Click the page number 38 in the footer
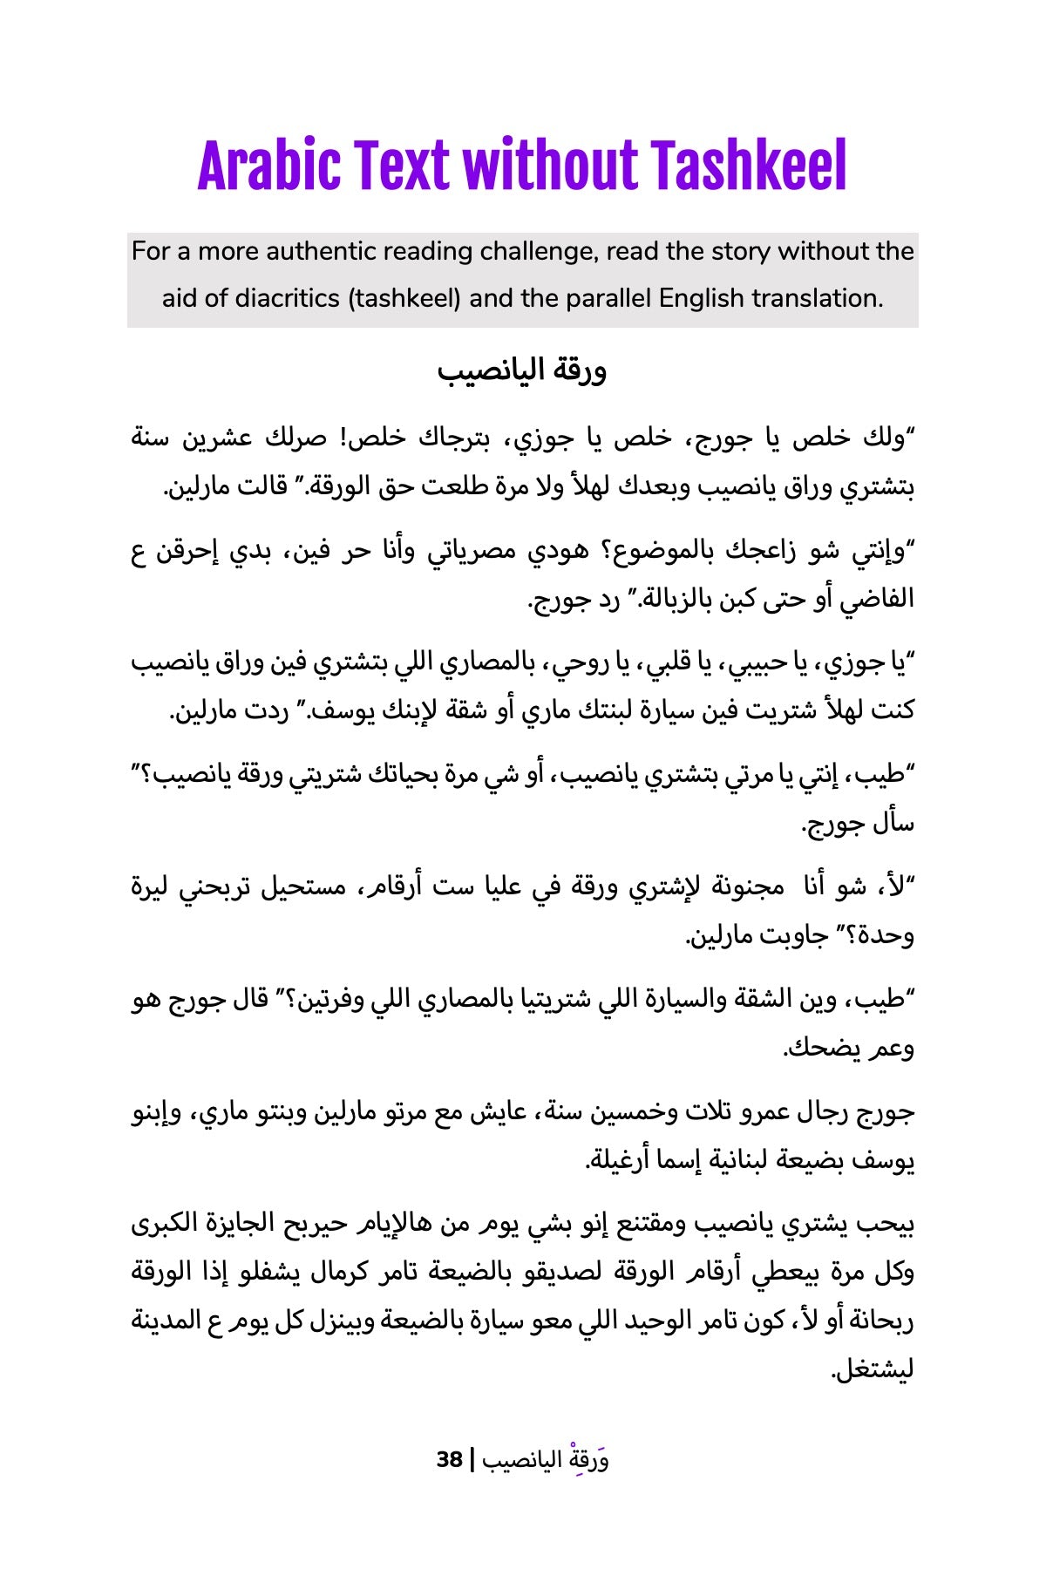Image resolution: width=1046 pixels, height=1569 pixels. (x=450, y=1459)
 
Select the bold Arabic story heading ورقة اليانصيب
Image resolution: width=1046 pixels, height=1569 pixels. (x=521, y=371)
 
